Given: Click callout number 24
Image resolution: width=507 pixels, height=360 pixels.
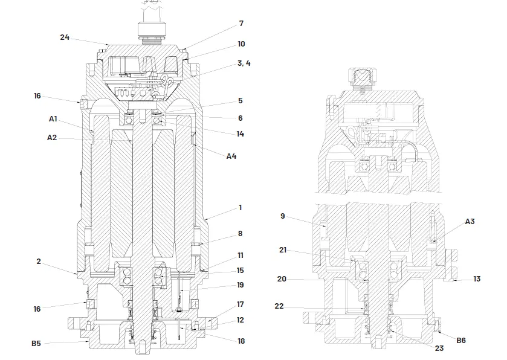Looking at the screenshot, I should pos(65,37).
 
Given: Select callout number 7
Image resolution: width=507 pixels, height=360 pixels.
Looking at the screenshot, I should pos(241,24).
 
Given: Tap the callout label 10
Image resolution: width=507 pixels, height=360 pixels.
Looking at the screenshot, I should pos(241,44).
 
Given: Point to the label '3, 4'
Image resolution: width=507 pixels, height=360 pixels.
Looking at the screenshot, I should pos(244,63).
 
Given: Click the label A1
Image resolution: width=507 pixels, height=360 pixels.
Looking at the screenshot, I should pos(53,119).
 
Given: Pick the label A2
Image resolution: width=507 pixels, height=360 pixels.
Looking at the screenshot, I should pos(52,138).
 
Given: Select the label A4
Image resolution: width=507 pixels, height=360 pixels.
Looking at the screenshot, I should pos(231,156).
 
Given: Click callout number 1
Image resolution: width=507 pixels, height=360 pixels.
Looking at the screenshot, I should pos(240,208).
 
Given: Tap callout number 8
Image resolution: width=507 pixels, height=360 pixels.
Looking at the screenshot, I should pos(240,233).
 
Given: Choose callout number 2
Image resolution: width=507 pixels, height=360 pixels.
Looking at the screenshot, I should pos(39,262).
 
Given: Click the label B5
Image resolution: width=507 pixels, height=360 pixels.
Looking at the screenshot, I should pos(36,343).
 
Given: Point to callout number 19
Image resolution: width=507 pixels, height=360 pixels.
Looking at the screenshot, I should pos(240,285).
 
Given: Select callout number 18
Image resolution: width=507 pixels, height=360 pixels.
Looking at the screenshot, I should pos(241,341).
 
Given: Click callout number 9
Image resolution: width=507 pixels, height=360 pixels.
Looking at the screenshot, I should pos(283,216).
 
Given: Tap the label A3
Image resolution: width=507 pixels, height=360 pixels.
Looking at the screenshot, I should pos(470,222).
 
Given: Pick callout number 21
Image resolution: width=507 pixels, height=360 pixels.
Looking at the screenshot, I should pos(283,250).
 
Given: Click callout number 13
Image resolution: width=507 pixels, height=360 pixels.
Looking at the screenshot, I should pos(477,279).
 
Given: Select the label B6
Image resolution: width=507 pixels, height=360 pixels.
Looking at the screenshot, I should pos(461,341).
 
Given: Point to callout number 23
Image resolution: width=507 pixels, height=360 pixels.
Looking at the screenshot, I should pos(439,348).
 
